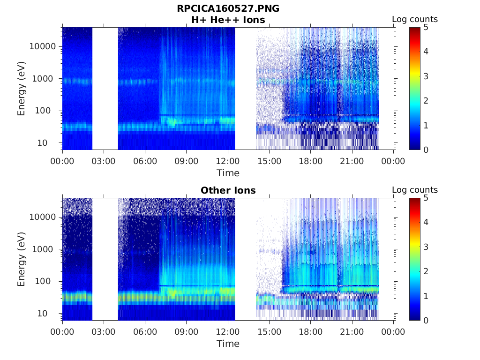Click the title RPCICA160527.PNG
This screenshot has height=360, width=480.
[x=228, y=8]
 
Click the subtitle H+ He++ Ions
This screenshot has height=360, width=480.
[x=228, y=20]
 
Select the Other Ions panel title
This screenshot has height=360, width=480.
[x=228, y=190]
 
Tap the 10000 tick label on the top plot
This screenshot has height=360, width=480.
[x=42, y=46]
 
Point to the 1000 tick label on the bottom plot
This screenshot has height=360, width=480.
[x=45, y=249]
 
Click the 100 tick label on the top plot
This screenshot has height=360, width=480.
[x=47, y=111]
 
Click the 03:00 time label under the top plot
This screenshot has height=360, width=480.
[x=104, y=161]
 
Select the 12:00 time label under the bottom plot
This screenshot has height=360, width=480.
[x=228, y=332]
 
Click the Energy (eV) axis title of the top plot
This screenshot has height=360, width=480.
[x=22, y=89]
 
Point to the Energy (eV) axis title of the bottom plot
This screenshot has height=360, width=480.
[x=22, y=259]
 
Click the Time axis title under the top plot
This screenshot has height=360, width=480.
[x=228, y=173]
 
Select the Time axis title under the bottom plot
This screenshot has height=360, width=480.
[x=228, y=344]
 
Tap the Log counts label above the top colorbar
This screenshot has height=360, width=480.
[x=414, y=20]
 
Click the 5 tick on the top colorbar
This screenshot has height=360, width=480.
[x=425, y=28]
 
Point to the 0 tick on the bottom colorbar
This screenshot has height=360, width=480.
[x=425, y=320]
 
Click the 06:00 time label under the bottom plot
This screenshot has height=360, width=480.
[x=145, y=332]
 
